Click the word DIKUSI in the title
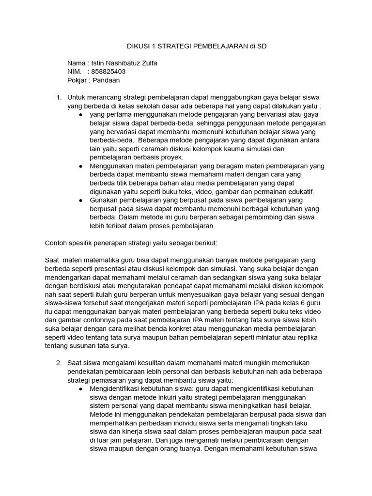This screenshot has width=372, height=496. [139, 46]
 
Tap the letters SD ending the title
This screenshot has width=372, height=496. [262, 46]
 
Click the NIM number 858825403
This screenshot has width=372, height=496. [108, 72]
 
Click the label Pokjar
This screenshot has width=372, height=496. [77, 80]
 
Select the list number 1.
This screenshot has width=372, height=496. [58, 97]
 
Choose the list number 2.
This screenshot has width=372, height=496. [58, 363]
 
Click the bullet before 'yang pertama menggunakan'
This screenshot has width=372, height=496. [80, 115]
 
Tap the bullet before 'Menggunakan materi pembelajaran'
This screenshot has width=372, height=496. [80, 166]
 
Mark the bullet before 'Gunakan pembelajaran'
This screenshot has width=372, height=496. [80, 200]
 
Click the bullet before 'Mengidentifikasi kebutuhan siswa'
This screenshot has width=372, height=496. [80, 389]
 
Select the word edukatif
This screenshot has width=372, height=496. [299, 191]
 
